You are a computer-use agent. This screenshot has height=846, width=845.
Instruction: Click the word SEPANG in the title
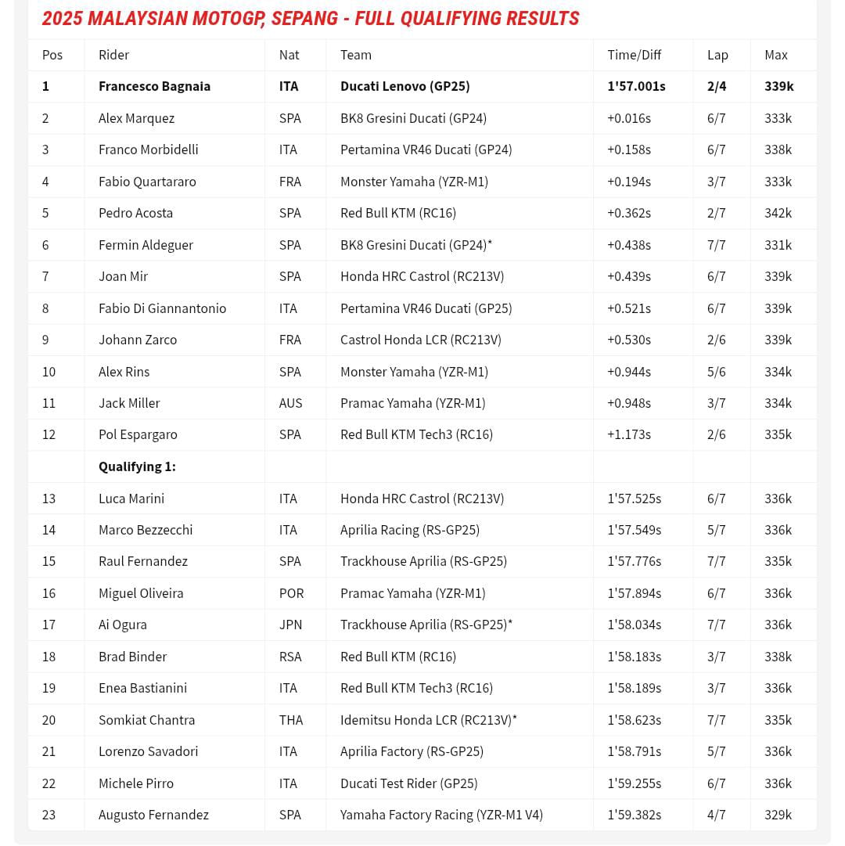(304, 19)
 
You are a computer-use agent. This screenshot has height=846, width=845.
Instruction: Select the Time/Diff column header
(634, 55)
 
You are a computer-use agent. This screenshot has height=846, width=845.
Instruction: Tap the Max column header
(776, 55)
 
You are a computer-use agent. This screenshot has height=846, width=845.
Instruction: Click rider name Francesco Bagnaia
(154, 86)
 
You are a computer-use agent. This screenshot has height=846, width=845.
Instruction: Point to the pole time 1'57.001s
(636, 86)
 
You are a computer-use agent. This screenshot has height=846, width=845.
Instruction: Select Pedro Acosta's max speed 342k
(778, 213)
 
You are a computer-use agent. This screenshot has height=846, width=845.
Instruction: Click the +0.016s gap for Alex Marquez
(629, 118)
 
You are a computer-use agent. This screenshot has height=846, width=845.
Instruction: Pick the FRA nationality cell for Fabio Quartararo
(289, 182)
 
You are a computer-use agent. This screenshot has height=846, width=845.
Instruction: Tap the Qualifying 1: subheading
(137, 466)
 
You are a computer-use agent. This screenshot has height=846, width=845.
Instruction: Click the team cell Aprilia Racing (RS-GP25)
(410, 530)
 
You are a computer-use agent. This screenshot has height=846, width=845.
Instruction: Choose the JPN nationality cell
(290, 625)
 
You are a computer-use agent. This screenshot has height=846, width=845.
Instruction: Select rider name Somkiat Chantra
(146, 720)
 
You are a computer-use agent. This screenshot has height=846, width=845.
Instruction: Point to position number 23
(49, 815)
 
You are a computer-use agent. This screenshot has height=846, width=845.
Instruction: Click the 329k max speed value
(778, 815)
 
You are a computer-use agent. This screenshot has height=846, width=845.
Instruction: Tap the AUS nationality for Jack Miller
(290, 403)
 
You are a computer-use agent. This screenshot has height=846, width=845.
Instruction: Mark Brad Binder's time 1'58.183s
(634, 657)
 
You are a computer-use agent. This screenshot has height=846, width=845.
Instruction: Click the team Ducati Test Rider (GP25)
(408, 783)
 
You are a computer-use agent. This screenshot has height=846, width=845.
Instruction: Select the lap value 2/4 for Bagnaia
(717, 86)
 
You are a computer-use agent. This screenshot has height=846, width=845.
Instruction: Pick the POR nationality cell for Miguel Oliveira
(291, 593)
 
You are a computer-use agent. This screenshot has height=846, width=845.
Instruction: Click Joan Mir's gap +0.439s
(629, 276)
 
